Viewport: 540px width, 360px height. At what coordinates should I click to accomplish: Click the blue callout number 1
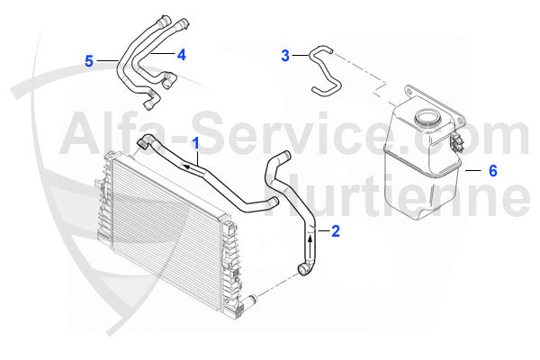196,143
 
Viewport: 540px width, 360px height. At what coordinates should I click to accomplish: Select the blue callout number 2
336,230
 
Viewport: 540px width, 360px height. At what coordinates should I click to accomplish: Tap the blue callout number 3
285,56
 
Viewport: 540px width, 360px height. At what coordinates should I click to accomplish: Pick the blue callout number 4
182,55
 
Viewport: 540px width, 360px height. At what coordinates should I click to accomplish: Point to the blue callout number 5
89,61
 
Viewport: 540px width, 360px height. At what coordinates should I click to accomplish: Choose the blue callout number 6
493,170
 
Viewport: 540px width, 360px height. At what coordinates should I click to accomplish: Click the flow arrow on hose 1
193,168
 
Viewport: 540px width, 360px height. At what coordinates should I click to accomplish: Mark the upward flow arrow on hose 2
310,247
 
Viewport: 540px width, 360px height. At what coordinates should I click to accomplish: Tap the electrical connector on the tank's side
456,141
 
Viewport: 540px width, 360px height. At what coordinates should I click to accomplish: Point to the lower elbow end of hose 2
305,268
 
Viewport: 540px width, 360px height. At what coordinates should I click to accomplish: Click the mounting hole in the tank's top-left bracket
409,92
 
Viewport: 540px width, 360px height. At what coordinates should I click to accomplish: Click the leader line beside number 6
473,170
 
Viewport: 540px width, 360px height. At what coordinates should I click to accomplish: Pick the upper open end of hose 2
284,156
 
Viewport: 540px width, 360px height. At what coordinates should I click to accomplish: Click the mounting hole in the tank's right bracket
460,121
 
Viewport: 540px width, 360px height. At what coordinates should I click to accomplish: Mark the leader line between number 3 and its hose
300,55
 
